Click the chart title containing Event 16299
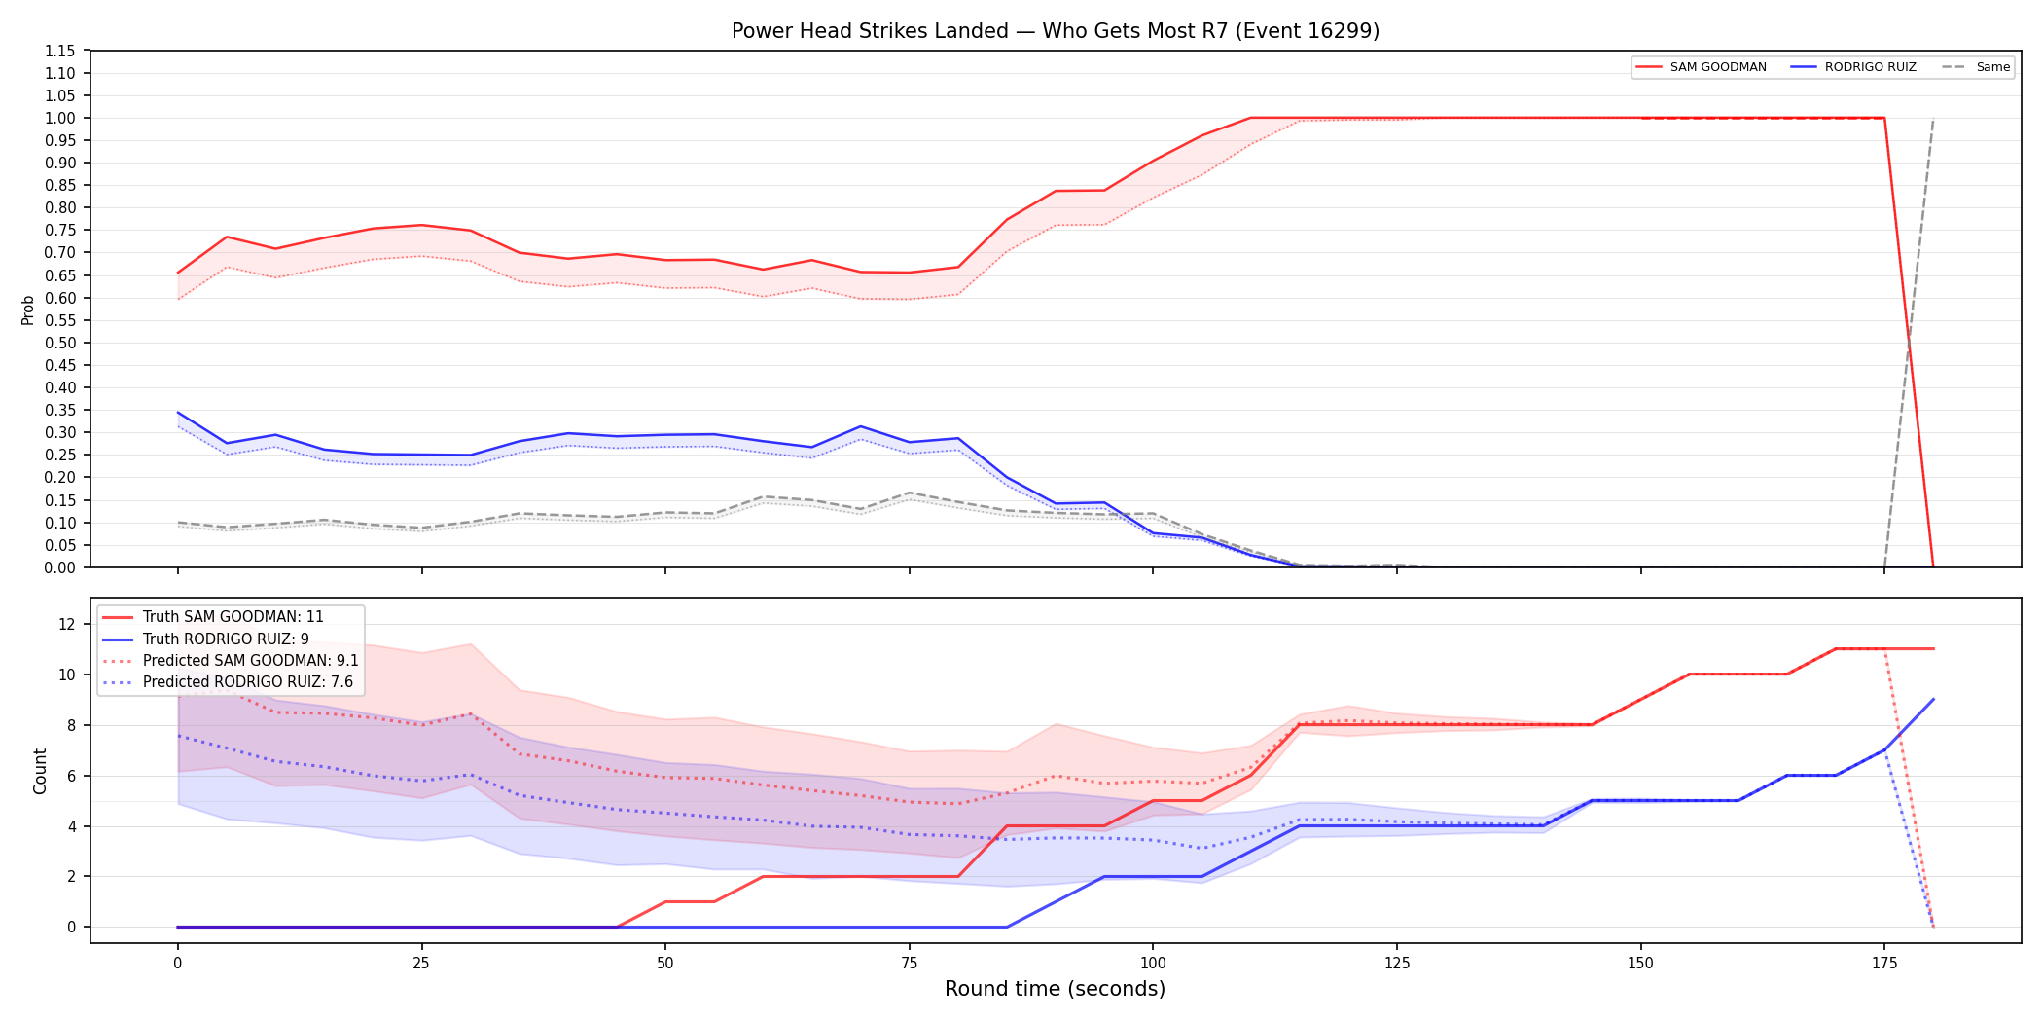1056,31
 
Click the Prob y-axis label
28,310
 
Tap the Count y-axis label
40,771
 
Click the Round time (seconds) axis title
1056,989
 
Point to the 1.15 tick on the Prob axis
60,51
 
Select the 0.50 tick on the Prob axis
60,343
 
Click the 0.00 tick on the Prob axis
60,567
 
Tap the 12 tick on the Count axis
67,625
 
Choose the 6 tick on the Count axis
71,776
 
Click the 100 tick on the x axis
1153,964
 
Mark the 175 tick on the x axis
1884,964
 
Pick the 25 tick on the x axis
421,964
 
